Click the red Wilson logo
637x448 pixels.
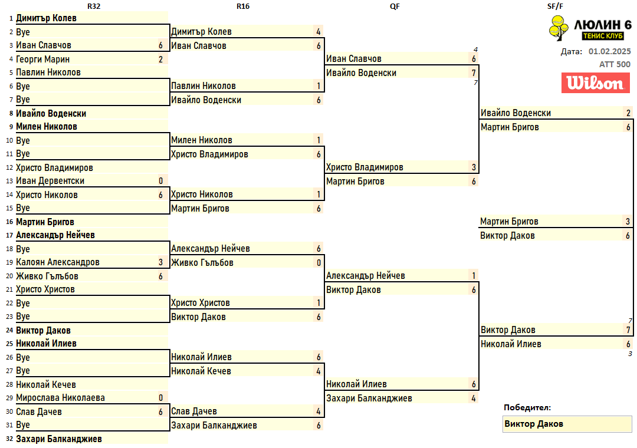(596, 83)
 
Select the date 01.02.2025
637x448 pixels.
(609, 52)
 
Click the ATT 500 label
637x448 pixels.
(615, 64)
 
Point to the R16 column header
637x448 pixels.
(243, 6)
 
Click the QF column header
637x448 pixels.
(395, 6)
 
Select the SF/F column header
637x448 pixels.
(555, 6)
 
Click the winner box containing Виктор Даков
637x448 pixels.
(567, 424)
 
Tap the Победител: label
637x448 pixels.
(527, 407)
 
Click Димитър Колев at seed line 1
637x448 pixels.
(47, 18)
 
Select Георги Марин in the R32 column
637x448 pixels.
(42, 60)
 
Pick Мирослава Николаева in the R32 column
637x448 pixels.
(60, 398)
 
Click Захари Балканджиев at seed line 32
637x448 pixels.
(59, 439)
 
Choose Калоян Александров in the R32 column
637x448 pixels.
(58, 262)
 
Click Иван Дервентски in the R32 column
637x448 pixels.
(50, 181)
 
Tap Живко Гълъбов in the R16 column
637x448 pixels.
(202, 263)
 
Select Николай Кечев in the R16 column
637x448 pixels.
(201, 371)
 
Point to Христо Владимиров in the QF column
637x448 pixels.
(365, 167)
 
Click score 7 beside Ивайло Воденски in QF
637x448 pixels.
(474, 73)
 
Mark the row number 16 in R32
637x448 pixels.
(10, 222)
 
